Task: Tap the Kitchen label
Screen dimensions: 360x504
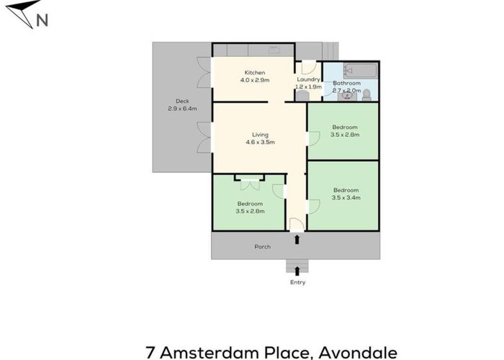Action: [255, 73]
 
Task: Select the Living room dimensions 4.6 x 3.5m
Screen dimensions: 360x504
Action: [259, 143]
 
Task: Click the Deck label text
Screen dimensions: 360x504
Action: [182, 101]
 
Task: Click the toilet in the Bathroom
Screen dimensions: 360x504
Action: [366, 94]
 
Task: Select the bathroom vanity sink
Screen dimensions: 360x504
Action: [341, 94]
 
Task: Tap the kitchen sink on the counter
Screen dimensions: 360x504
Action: [275, 50]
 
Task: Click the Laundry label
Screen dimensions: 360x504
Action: [309, 79]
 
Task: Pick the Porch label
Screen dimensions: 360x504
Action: [263, 247]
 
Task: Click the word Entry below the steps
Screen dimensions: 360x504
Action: [297, 282]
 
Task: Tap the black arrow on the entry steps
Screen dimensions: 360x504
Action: [297, 270]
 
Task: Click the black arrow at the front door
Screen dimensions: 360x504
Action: [297, 238]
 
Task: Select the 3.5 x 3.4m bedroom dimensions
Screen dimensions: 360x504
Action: [346, 197]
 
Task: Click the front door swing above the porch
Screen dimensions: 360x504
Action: [296, 222]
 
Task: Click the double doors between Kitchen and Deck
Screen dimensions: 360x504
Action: [204, 72]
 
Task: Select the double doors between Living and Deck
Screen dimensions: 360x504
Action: [204, 138]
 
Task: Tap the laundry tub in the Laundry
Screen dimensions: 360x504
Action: [302, 94]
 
